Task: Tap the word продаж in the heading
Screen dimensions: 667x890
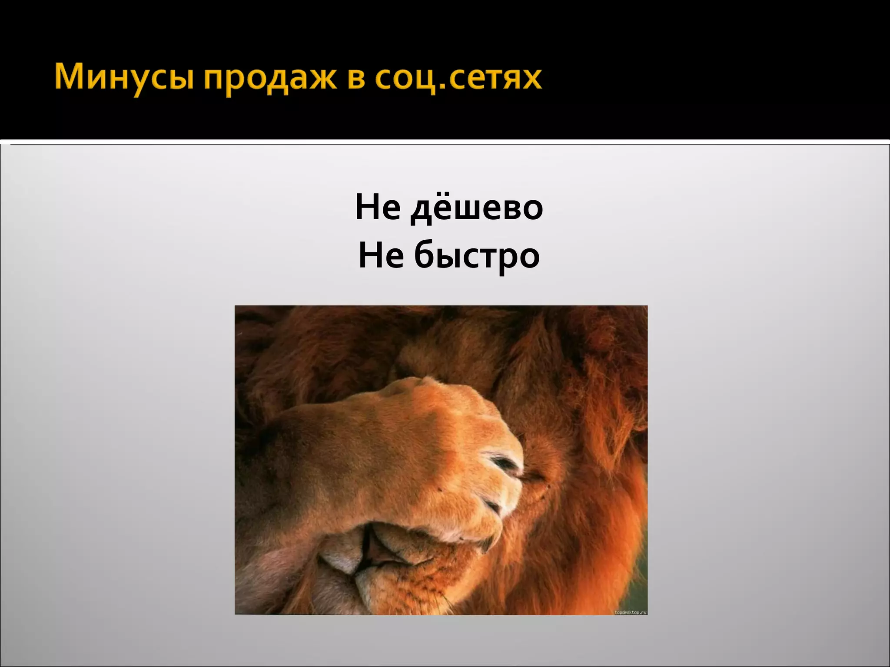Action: click(270, 79)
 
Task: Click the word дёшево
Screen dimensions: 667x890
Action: click(477, 208)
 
